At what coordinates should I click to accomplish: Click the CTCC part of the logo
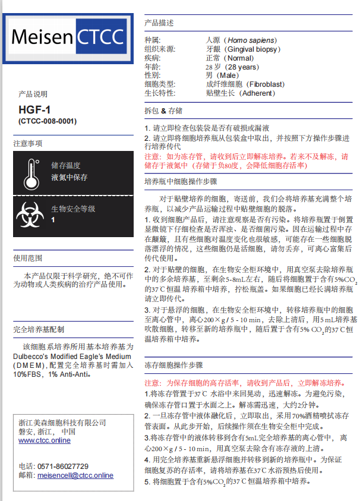pos(101,37)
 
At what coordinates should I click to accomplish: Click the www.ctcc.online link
pos(45,440)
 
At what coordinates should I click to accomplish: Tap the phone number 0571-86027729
pos(62,467)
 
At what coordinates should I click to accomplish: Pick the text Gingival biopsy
pos(244,49)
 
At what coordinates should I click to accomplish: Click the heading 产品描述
pos(160,23)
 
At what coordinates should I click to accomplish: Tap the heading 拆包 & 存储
pos(163,111)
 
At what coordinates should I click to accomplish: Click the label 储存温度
pos(65,166)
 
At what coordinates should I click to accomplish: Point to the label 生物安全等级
pos(73,209)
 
